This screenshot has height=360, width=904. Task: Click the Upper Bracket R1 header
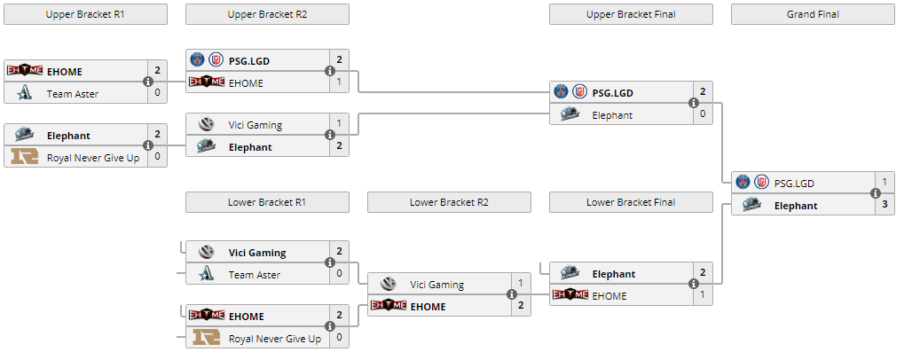tap(85, 14)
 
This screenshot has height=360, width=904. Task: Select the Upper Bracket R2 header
tap(267, 14)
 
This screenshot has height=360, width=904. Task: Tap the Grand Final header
tap(813, 14)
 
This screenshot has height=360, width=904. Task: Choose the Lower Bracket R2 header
tap(449, 202)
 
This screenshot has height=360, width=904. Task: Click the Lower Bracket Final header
tap(631, 202)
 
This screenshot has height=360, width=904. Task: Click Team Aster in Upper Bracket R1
tap(73, 93)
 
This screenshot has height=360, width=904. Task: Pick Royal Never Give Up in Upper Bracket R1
tap(93, 158)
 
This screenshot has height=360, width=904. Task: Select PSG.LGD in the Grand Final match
tap(794, 183)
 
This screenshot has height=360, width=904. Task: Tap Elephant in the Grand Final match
tap(795, 205)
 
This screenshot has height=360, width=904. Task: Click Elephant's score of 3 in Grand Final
tap(884, 205)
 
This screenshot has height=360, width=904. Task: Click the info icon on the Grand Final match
tap(875, 193)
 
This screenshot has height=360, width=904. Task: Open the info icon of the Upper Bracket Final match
tap(693, 103)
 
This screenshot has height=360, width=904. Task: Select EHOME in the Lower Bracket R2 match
tap(428, 306)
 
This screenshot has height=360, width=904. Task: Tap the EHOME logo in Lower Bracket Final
tap(570, 295)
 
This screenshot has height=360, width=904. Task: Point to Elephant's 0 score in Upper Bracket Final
tap(703, 114)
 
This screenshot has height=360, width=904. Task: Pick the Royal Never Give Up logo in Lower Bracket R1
tap(207, 338)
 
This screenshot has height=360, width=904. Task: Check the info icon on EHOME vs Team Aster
tap(147, 82)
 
